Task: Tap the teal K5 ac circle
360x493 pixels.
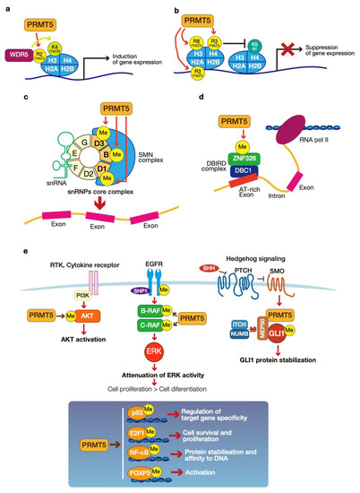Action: [x=280, y=42]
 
